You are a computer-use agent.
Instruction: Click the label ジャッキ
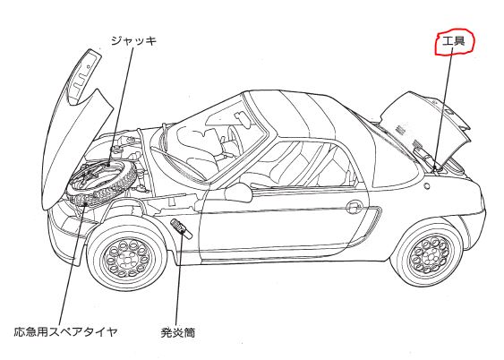click(x=133, y=41)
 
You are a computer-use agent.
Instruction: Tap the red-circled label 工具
click(x=454, y=41)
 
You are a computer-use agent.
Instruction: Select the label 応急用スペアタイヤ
click(x=65, y=331)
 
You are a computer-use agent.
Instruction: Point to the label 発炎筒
click(x=178, y=332)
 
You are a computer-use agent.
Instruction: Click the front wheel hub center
click(x=128, y=258)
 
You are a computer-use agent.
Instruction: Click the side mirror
click(x=238, y=193)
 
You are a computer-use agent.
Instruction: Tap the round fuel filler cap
click(x=427, y=185)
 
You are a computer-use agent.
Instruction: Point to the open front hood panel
click(x=75, y=129)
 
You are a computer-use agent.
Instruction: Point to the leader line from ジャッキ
click(x=121, y=106)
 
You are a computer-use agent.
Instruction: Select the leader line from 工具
click(x=443, y=108)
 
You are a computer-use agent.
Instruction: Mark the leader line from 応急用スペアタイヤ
click(x=73, y=264)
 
